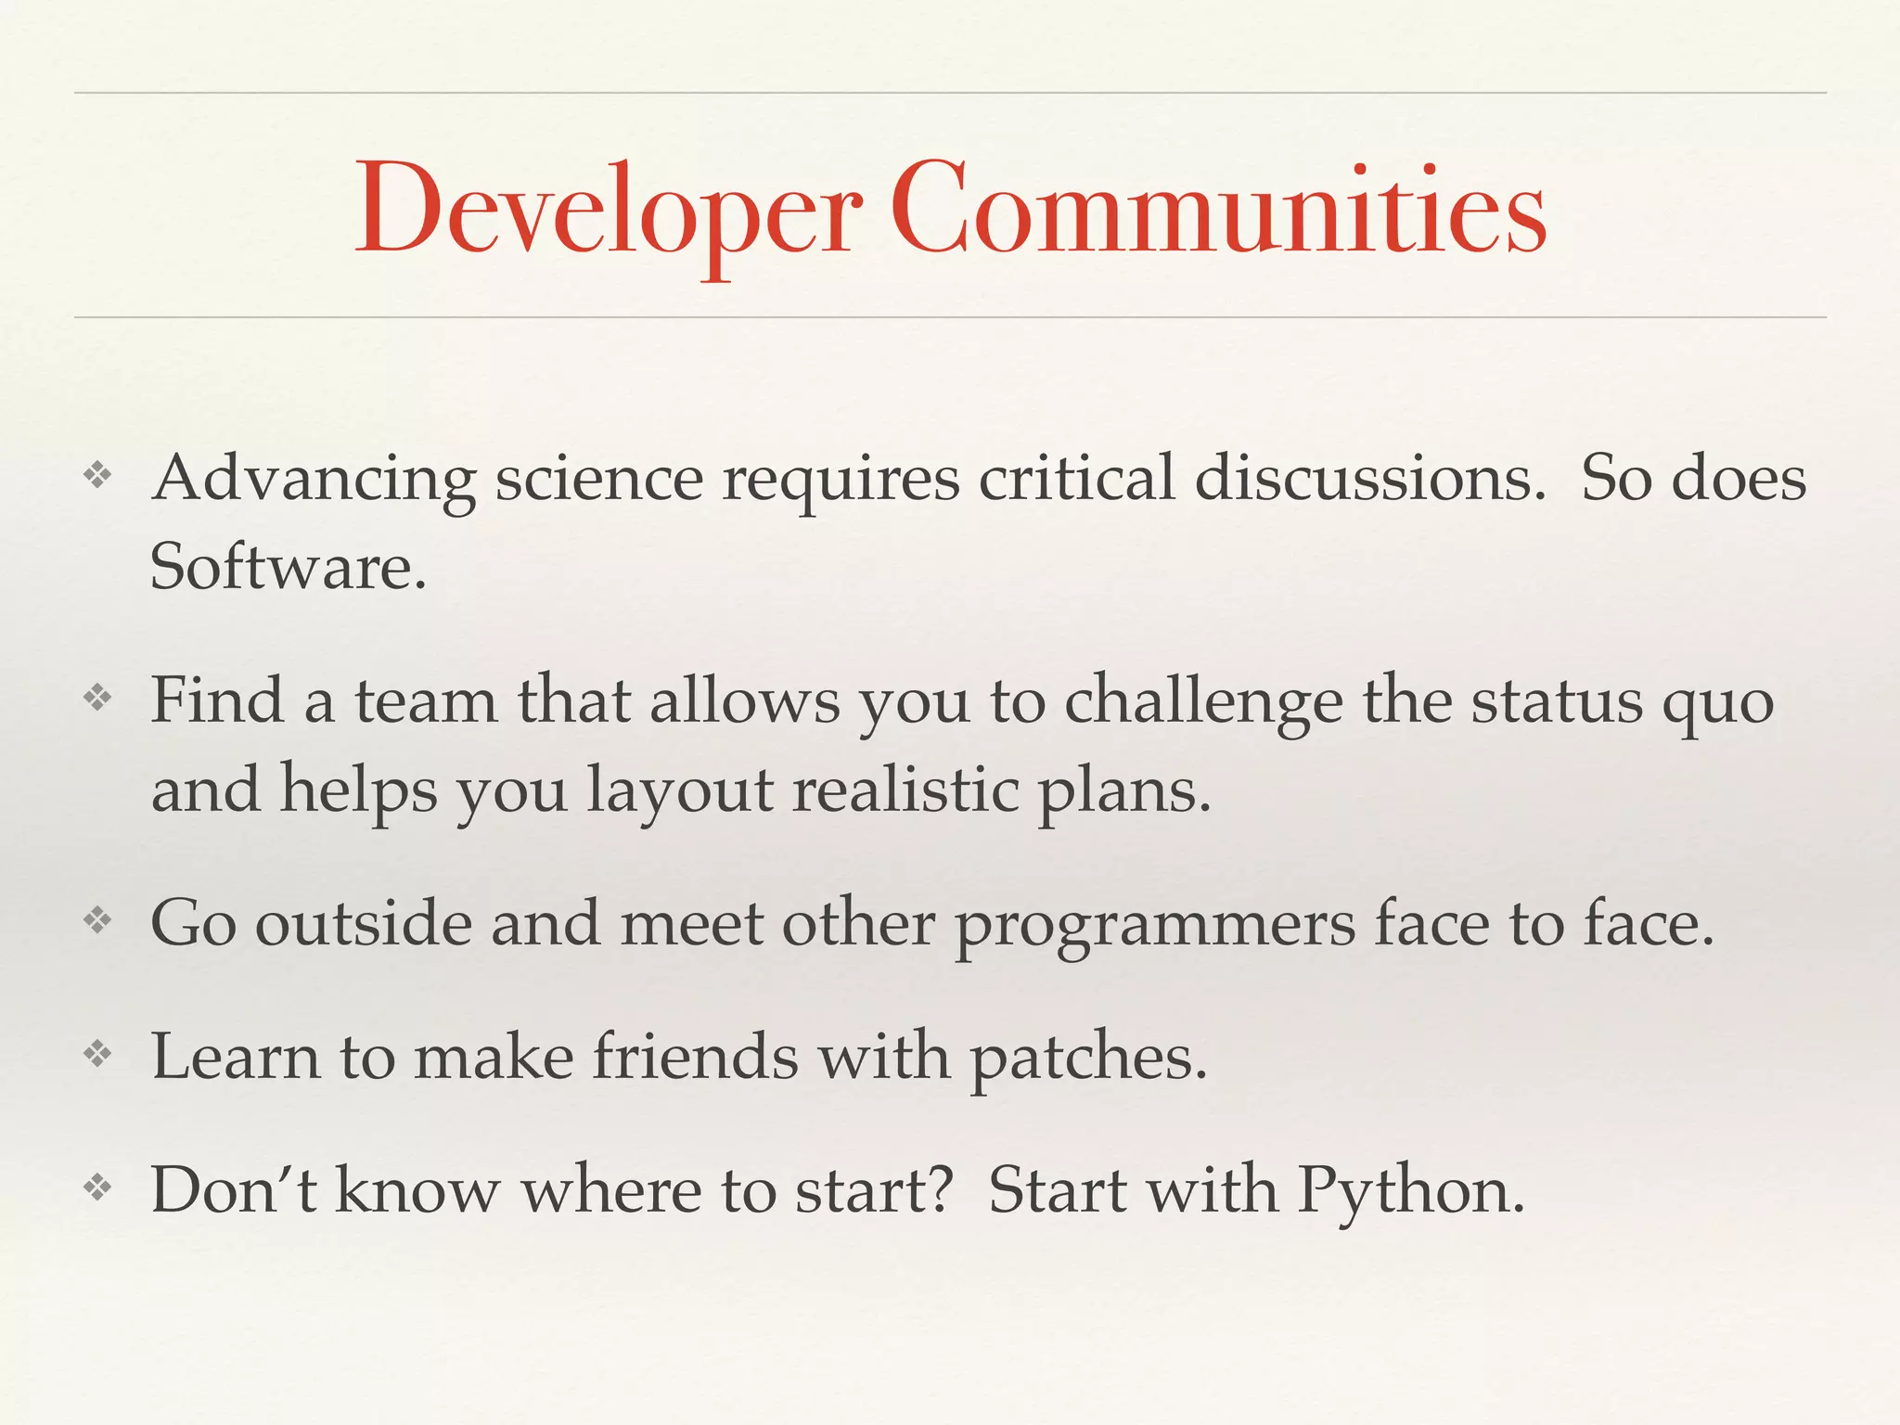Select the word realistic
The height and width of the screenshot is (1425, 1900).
coord(905,790)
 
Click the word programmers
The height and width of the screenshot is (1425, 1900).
coord(1155,926)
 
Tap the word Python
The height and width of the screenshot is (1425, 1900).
coord(1410,1191)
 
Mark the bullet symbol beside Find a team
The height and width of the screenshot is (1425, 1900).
coord(97,698)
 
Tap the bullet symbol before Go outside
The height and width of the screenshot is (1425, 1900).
coord(97,921)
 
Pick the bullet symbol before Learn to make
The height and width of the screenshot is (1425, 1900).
coord(97,1054)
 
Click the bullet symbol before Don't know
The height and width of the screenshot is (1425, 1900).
coord(97,1187)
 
